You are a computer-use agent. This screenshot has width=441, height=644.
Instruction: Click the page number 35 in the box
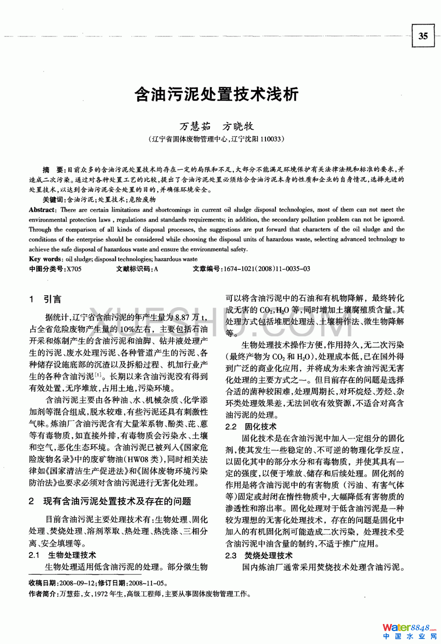[x=423, y=36]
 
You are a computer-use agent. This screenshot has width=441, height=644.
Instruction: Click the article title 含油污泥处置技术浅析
[x=216, y=94]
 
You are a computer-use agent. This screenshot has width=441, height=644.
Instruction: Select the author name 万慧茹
[x=195, y=126]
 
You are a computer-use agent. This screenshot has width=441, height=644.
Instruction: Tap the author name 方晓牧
[x=238, y=126]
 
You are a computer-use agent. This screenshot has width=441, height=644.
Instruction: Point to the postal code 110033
[x=270, y=139]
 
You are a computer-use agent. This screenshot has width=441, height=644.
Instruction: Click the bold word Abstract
[x=43, y=210]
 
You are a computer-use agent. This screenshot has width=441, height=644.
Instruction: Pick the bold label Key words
[x=45, y=259]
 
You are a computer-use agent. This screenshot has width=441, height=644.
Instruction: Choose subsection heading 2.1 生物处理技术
[x=62, y=555]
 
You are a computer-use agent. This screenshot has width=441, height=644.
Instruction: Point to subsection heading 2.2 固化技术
[x=251, y=426]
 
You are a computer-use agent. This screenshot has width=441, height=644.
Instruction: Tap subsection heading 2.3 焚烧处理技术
[x=259, y=555]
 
